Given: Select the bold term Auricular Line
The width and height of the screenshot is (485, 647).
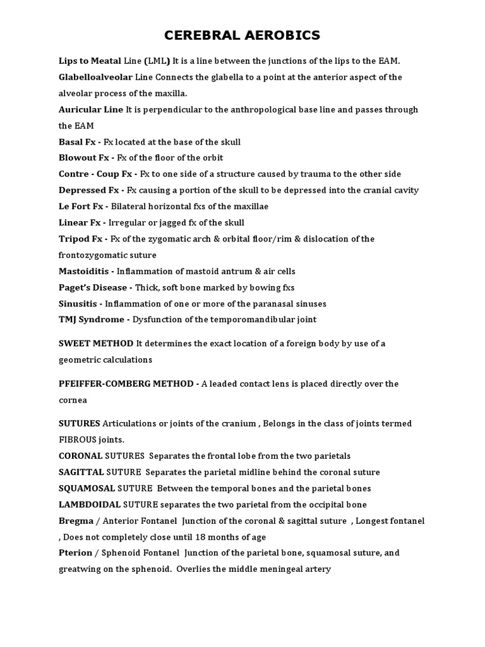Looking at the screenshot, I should [91, 109].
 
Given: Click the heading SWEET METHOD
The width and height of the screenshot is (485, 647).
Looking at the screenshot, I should [96, 344].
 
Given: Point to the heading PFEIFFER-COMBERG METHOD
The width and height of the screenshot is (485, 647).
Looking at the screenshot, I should [127, 384].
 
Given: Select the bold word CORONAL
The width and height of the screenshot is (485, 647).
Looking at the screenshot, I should [80, 456].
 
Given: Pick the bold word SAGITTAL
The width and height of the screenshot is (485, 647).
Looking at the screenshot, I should [81, 472].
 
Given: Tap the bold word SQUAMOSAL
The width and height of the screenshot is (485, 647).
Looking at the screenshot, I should [85, 488].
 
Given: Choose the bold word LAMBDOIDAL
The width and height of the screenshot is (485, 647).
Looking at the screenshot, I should [88, 505].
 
